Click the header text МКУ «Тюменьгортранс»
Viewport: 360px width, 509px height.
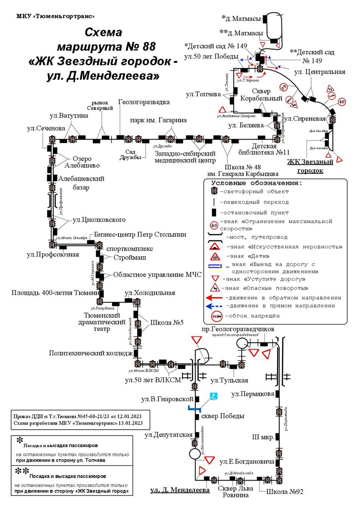(56, 17)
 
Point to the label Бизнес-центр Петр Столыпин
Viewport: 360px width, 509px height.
(140, 235)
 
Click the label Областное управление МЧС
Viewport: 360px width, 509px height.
(157, 274)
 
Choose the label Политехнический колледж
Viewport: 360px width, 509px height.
(91, 352)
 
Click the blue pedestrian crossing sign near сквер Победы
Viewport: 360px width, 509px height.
(214, 396)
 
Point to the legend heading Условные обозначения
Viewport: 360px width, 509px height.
(257, 183)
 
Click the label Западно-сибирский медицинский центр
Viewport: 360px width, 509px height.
(185, 157)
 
